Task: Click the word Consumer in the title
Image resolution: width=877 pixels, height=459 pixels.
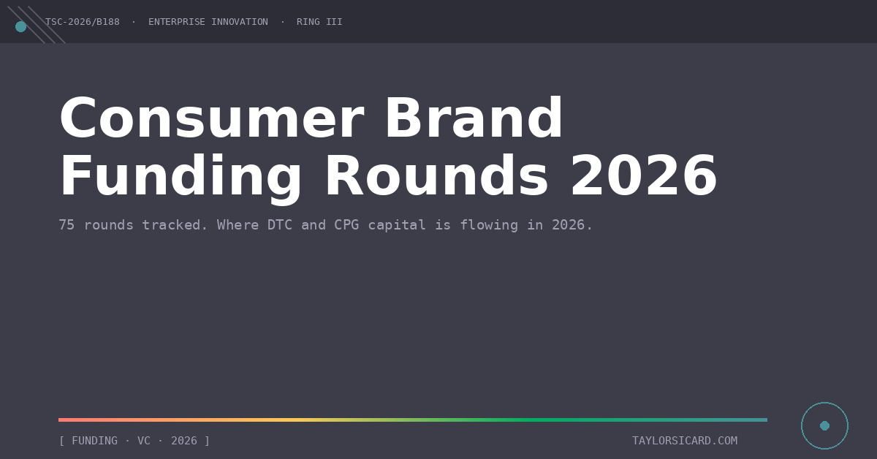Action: [212, 118]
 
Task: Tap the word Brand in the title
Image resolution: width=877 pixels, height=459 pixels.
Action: [474, 118]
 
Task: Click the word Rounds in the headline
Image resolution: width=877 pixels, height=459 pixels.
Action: [436, 176]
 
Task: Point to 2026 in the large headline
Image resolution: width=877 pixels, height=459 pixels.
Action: [644, 176]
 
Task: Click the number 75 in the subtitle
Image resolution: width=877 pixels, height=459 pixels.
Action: [67, 225]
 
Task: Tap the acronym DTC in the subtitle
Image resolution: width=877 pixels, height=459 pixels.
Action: [279, 225]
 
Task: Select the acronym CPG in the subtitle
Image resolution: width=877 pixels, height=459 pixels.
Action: [346, 225]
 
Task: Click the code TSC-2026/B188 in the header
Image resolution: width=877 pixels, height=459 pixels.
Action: [82, 22]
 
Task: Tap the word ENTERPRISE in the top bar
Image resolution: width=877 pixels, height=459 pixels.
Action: [177, 22]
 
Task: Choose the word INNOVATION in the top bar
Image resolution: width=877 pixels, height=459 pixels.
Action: [240, 22]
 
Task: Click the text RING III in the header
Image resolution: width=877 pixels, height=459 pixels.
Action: [319, 22]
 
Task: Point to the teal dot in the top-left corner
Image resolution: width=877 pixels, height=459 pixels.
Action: [20, 26]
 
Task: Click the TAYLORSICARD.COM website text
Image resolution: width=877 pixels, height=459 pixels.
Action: [685, 441]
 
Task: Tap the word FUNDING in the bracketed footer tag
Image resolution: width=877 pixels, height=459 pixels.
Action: [95, 441]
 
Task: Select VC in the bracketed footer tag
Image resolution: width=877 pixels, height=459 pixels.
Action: [144, 441]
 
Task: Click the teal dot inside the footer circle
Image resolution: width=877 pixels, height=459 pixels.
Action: [824, 425]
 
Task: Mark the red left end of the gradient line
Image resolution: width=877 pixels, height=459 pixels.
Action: [58, 420]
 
